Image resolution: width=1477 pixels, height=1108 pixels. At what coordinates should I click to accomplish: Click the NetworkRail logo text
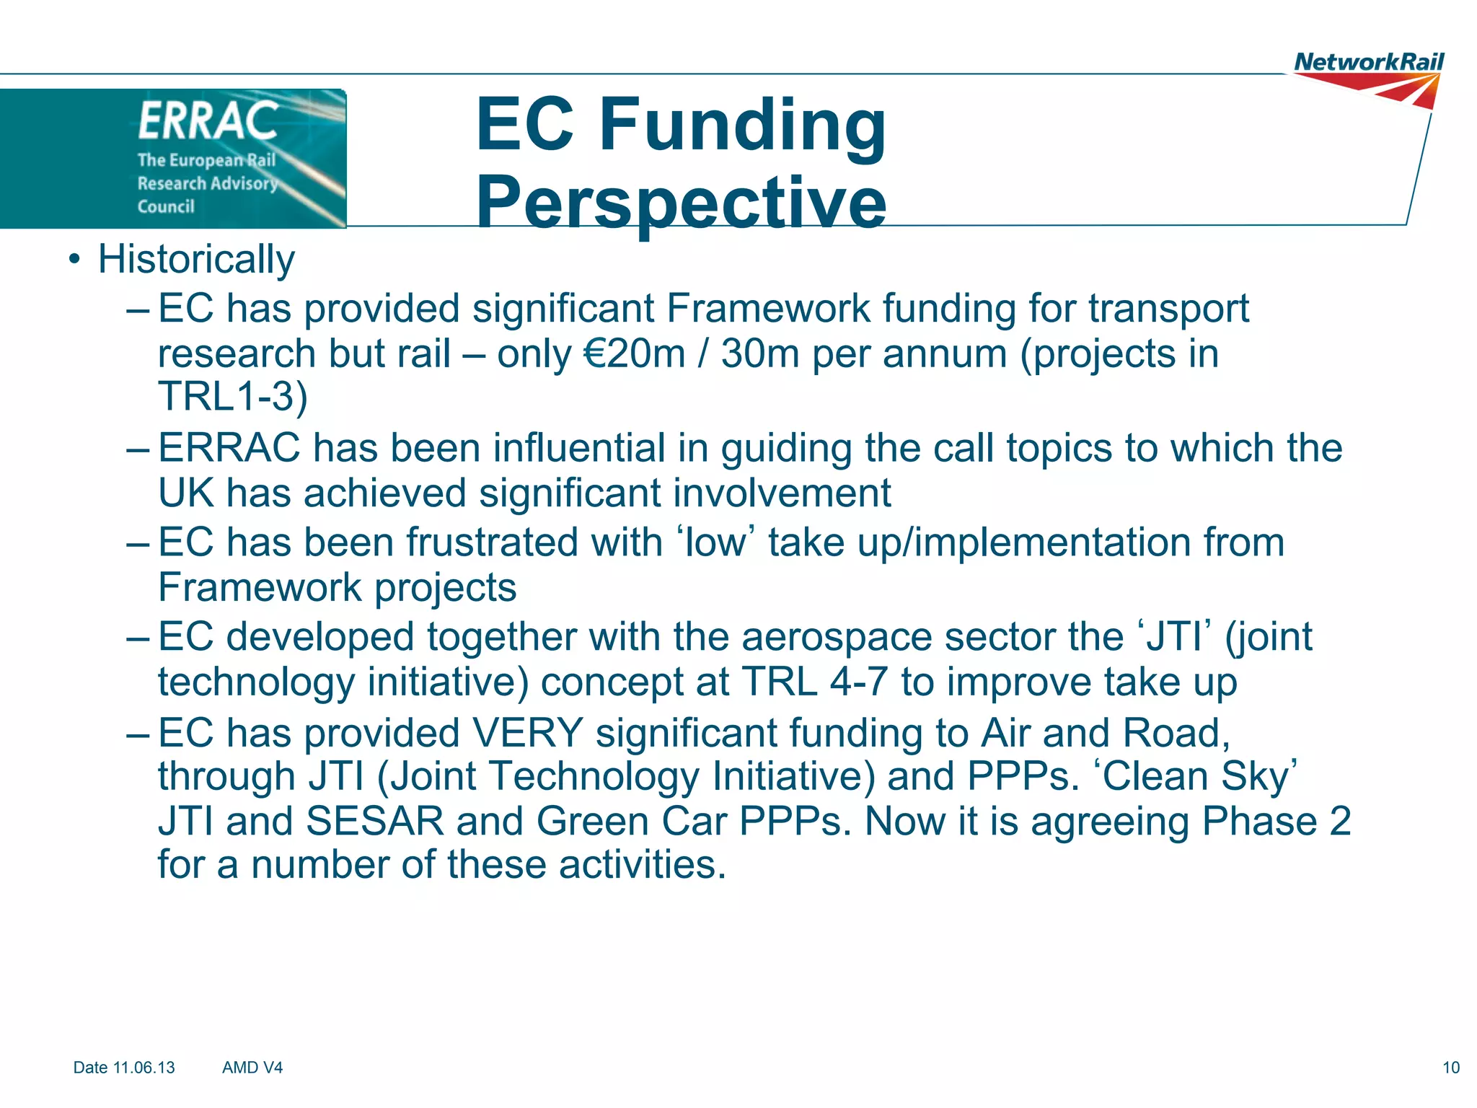click(x=1369, y=62)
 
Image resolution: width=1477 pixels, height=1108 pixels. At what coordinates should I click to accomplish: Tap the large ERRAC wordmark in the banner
click(x=208, y=120)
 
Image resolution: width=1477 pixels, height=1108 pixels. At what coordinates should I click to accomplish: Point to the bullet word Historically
click(x=196, y=259)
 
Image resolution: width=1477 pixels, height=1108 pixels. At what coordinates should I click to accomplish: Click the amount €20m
click(x=634, y=353)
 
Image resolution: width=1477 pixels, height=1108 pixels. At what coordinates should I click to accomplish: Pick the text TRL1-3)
click(x=233, y=396)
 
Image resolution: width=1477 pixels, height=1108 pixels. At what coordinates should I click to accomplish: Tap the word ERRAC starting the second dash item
click(x=229, y=448)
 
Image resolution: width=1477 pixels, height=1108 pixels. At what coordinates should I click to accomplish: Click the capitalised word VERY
click(x=527, y=733)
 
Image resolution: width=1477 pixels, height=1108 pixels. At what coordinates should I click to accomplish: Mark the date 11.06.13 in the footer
click(x=144, y=1068)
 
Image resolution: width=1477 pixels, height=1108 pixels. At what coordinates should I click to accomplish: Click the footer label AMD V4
click(x=252, y=1068)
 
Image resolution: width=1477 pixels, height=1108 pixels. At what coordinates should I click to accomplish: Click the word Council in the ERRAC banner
click(x=166, y=207)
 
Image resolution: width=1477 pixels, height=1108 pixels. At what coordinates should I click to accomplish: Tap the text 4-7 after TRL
click(x=858, y=682)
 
